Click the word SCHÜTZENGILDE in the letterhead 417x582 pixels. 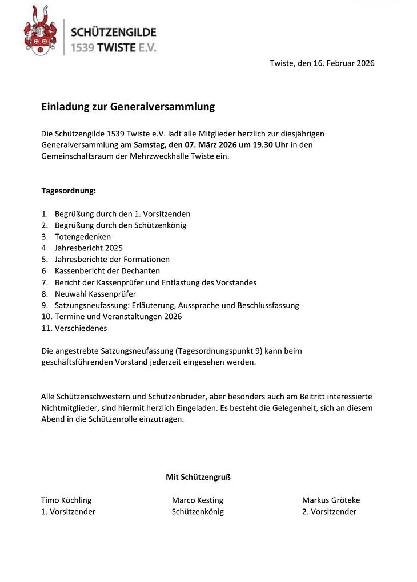click(x=113, y=32)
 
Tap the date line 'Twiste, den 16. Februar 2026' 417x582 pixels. click(x=322, y=63)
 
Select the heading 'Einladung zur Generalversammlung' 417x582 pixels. click(x=128, y=106)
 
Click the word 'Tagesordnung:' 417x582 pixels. click(x=69, y=191)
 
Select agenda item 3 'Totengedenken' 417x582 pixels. click(x=83, y=237)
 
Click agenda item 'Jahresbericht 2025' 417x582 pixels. click(x=89, y=248)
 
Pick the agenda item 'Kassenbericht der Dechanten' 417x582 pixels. click(x=107, y=271)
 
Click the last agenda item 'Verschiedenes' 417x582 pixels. click(x=81, y=328)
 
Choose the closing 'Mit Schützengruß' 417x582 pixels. click(x=198, y=477)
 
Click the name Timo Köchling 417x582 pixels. click(x=66, y=500)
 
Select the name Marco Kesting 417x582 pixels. click(x=198, y=500)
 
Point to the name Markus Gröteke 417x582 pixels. click(x=331, y=500)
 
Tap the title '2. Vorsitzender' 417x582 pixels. click(x=329, y=512)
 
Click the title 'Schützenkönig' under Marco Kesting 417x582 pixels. click(x=198, y=512)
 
